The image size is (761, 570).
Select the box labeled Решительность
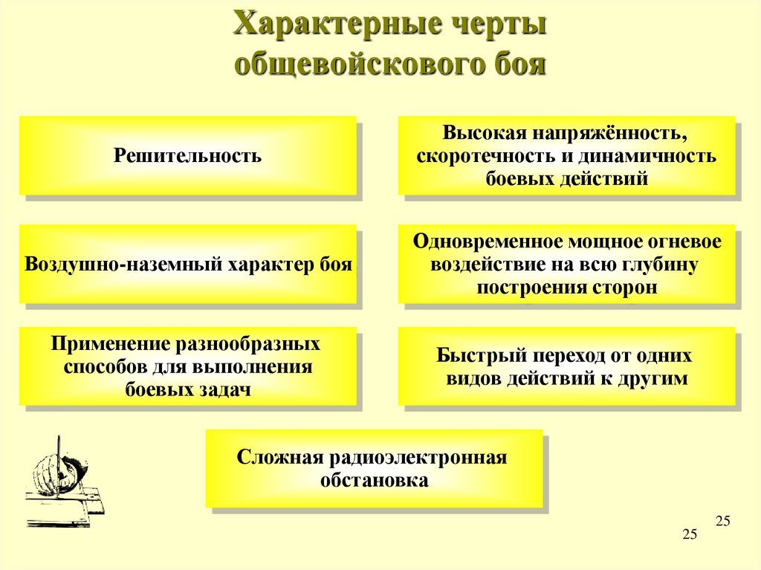point(188,155)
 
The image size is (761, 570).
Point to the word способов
point(106,367)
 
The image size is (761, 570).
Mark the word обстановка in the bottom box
point(375,480)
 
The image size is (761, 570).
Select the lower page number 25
point(690,534)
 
